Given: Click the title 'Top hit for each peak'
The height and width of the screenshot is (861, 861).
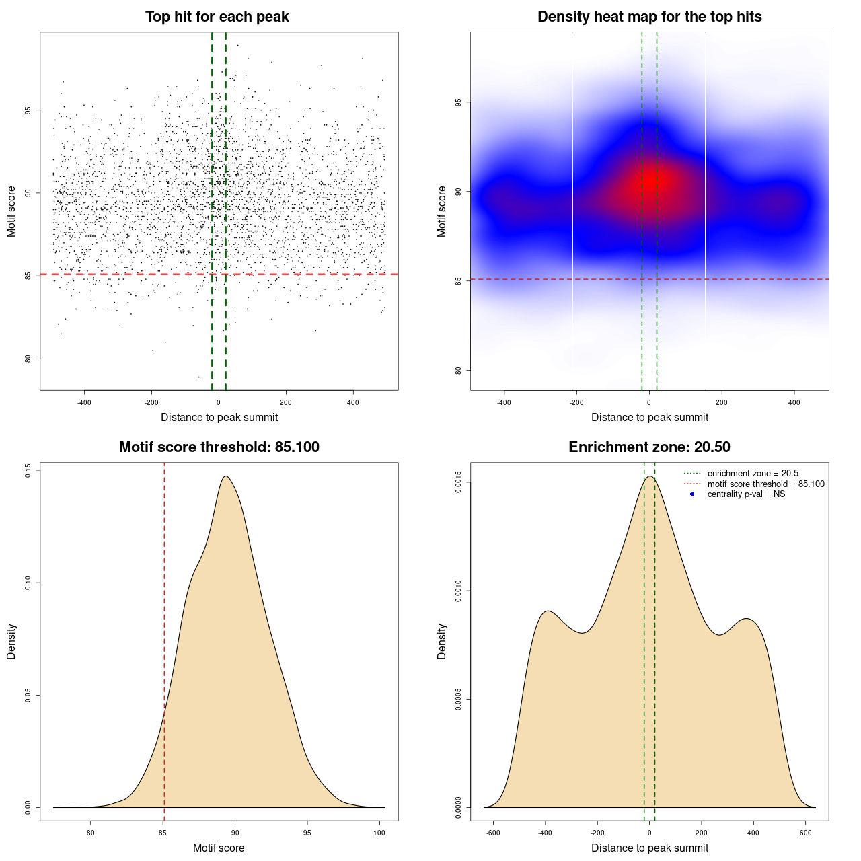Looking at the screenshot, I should [x=217, y=17].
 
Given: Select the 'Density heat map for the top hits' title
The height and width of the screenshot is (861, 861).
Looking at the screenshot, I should [x=649, y=17].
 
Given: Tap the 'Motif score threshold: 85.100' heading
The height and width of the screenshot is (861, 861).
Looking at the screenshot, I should [x=219, y=447].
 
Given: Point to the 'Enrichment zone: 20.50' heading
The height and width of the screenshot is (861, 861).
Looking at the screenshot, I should [x=649, y=447].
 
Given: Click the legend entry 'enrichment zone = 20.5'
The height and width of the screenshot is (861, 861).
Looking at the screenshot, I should [x=753, y=474].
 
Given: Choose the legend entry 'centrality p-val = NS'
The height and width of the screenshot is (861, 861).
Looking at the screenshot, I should [x=746, y=494].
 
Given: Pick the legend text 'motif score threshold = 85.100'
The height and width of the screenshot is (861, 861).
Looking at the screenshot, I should [x=765, y=484].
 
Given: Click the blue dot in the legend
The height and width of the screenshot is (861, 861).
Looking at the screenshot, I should [x=692, y=494].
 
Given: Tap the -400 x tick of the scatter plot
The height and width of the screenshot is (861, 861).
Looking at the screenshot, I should [x=84, y=403].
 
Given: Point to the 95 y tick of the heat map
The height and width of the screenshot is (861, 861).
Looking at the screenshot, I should [x=459, y=102].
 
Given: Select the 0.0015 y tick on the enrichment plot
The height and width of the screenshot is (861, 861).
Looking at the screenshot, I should [x=459, y=482].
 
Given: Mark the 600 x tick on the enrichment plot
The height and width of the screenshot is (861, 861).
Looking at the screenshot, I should [x=805, y=833].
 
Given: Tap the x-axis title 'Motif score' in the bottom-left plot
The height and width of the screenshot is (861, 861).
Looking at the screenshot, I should [x=219, y=848].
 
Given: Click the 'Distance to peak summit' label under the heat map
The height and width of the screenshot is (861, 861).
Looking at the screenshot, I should [x=649, y=418].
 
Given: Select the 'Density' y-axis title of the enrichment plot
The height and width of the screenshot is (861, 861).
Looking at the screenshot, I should [x=442, y=641].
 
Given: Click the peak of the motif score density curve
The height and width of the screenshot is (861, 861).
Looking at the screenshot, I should [x=226, y=476].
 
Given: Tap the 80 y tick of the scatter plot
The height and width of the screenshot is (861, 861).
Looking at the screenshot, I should [x=28, y=359].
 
